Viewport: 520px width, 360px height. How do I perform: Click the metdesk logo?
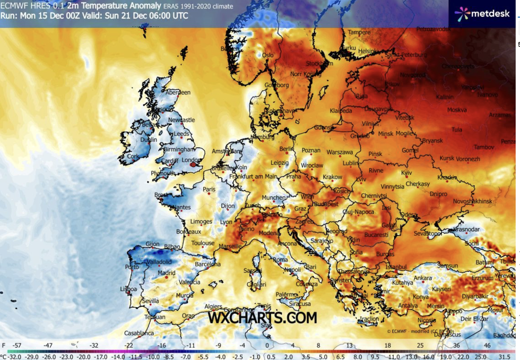(x=483, y=13)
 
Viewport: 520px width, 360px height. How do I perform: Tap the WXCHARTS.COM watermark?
(x=262, y=318)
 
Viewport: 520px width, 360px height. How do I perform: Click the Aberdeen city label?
(x=178, y=92)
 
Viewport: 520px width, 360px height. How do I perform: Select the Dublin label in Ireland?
(x=149, y=140)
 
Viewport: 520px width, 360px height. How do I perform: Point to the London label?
(x=189, y=160)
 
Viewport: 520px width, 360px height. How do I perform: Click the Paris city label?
(x=209, y=189)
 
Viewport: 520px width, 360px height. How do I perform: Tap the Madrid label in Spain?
(x=166, y=273)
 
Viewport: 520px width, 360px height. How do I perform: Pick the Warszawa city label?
(x=340, y=152)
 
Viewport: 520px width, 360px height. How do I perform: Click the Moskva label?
(x=456, y=110)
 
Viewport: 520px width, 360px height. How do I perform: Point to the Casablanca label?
(x=139, y=333)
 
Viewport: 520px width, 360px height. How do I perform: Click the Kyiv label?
(x=406, y=173)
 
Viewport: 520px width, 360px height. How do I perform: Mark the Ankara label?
(x=422, y=278)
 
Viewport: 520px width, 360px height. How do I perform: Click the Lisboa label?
(x=128, y=289)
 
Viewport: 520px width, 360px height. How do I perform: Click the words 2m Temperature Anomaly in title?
(x=106, y=6)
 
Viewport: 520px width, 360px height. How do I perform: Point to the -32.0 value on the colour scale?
(x=14, y=356)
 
